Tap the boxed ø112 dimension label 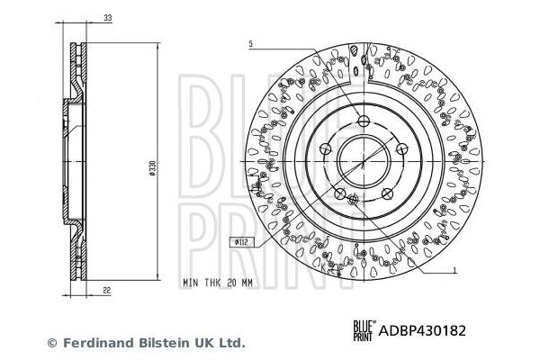(x=240, y=240)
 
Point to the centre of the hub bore (x=362, y=162)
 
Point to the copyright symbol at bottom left (x=51, y=343)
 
